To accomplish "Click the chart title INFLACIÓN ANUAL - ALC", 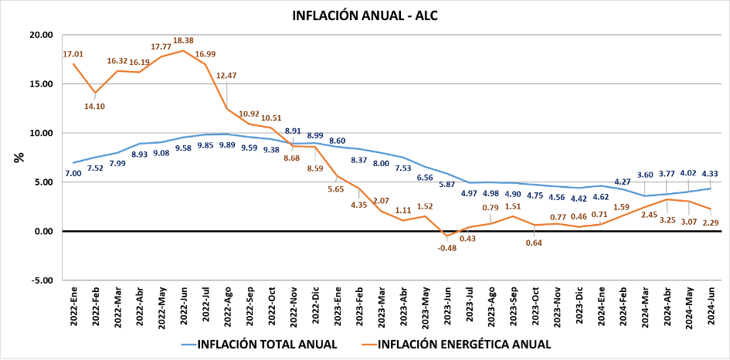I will pos(365,15).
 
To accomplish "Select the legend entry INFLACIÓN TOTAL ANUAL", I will pos(267,345).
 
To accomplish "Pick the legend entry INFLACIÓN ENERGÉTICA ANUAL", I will pos(463,345).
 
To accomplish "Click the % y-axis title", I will pos(19,157).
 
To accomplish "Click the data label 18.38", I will pos(183,40).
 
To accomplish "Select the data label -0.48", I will pos(446,248).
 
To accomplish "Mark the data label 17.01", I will pos(73,54).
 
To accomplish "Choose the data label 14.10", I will pos(95,107).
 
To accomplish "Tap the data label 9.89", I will pos(227,145).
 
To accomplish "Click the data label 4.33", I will pos(711,174).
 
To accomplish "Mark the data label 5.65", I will pos(338,188).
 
